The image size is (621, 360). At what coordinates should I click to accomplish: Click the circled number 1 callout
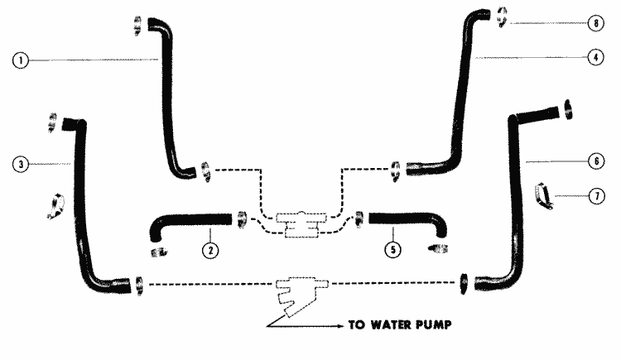pos(21,60)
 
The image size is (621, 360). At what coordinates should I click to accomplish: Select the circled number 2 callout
pos(210,250)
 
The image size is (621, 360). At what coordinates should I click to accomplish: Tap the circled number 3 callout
pos(21,164)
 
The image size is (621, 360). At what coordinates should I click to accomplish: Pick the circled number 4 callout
pos(596,57)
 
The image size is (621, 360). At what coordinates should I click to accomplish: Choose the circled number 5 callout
pos(392,249)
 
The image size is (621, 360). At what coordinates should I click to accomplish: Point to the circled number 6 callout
pos(596,161)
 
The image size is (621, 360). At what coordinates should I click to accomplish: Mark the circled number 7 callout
pos(597,196)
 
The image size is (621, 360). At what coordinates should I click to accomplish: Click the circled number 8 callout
pos(596,23)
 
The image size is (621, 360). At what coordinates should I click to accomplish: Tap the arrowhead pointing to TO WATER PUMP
pos(341,326)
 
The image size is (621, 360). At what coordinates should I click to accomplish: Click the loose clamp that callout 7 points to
pos(543,195)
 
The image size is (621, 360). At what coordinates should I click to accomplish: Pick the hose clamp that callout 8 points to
pos(502,17)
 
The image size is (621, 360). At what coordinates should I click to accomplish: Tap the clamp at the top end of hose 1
pos(137,26)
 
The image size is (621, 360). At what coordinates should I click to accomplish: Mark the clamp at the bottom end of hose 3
pos(139,286)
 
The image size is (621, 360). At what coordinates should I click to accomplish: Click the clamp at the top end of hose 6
pos(568,109)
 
